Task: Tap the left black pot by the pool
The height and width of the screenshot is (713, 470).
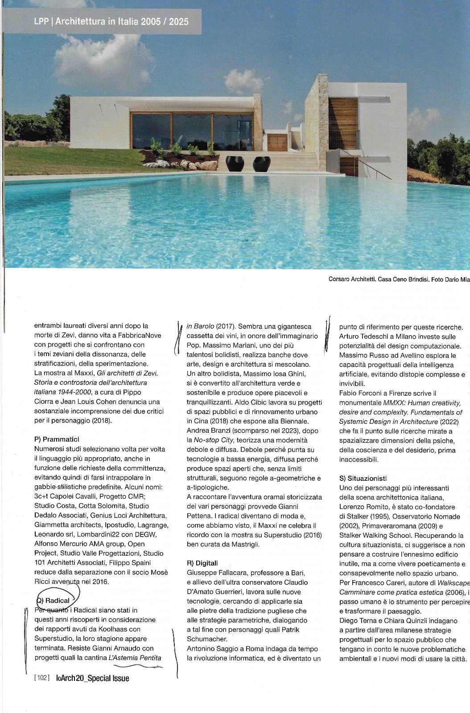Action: click(x=234, y=164)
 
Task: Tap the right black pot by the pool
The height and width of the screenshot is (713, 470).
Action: click(x=261, y=164)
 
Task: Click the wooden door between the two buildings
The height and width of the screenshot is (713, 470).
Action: click(x=277, y=142)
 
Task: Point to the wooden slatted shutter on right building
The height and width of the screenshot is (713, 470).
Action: click(x=343, y=123)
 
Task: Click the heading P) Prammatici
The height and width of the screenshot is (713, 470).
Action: click(x=57, y=439)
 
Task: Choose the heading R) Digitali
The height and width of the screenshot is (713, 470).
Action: click(x=202, y=563)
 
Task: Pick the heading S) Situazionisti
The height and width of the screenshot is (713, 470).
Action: click(x=363, y=478)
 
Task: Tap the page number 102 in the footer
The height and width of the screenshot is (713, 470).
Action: click(x=42, y=678)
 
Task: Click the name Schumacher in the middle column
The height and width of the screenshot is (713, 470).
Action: click(x=207, y=639)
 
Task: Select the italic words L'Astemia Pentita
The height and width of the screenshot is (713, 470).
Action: click(x=135, y=657)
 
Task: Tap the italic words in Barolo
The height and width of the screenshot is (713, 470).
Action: click(x=200, y=326)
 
